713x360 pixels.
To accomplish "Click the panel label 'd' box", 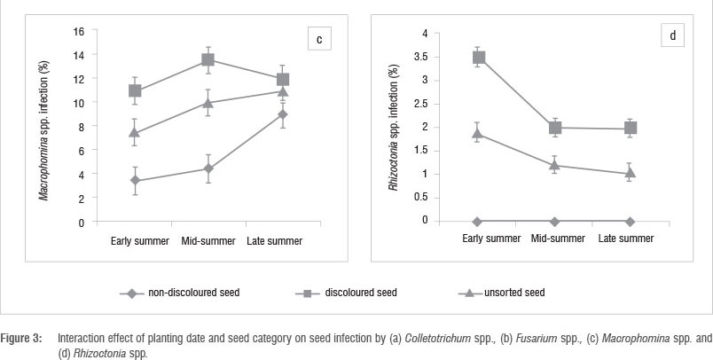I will pos(673,37).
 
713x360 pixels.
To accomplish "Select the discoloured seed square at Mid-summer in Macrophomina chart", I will pos(208,59).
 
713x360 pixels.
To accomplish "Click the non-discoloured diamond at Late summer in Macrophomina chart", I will pos(282,114).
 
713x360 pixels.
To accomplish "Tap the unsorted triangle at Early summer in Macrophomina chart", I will pos(134,133).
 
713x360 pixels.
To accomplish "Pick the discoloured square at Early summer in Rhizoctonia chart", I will pos(479,58).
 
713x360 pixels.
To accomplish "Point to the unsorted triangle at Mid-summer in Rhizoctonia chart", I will pos(555,165).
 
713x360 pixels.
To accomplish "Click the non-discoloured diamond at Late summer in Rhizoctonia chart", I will pos(631,221).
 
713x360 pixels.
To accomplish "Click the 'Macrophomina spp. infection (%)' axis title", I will pos(44,126).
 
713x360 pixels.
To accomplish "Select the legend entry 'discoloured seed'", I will pos(362,292).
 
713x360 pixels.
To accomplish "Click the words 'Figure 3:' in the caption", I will pos(25,338).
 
